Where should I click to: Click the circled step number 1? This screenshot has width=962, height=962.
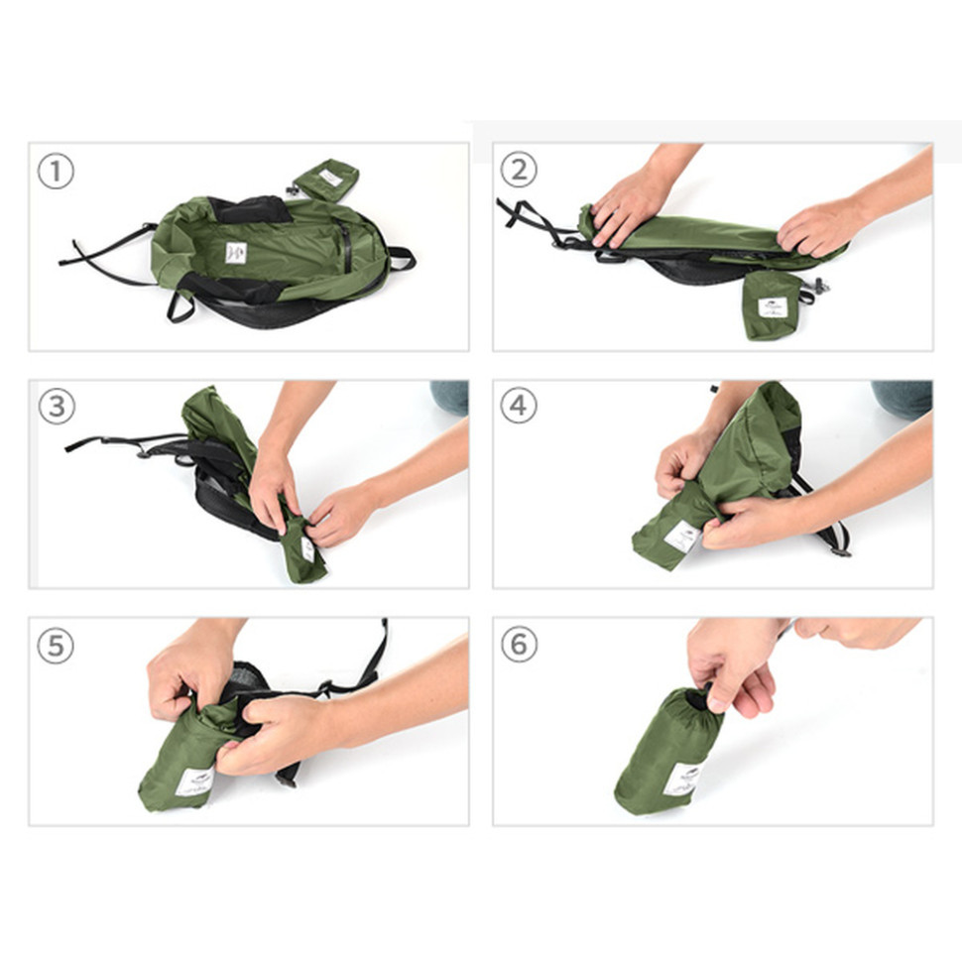tap(56, 172)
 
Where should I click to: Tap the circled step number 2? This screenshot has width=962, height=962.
tap(519, 170)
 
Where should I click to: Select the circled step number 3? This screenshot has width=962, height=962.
tap(56, 407)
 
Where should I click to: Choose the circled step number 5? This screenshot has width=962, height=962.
tap(56, 646)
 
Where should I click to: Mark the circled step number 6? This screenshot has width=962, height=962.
tap(519, 645)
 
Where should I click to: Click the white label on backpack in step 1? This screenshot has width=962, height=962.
tap(235, 253)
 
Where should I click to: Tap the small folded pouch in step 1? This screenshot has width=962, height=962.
tap(325, 180)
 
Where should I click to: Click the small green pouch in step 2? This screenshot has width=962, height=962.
tap(772, 304)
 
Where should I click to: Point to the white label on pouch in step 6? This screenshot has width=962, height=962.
tap(683, 779)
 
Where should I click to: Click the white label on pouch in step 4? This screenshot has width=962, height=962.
tap(682, 537)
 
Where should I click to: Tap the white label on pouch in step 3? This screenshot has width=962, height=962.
tap(307, 548)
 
